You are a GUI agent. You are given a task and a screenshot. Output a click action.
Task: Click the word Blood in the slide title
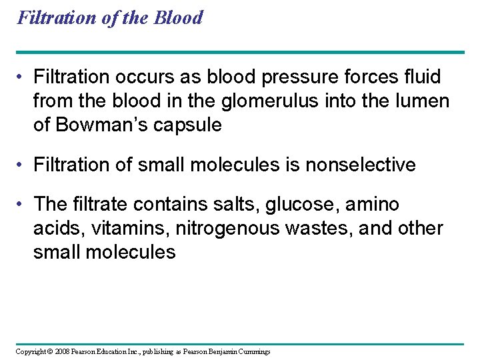[x=178, y=17]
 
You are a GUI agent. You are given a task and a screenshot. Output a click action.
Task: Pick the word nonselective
[x=360, y=165]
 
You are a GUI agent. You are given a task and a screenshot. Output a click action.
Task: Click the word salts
[x=234, y=204]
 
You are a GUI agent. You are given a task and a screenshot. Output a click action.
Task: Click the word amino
[x=371, y=204]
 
